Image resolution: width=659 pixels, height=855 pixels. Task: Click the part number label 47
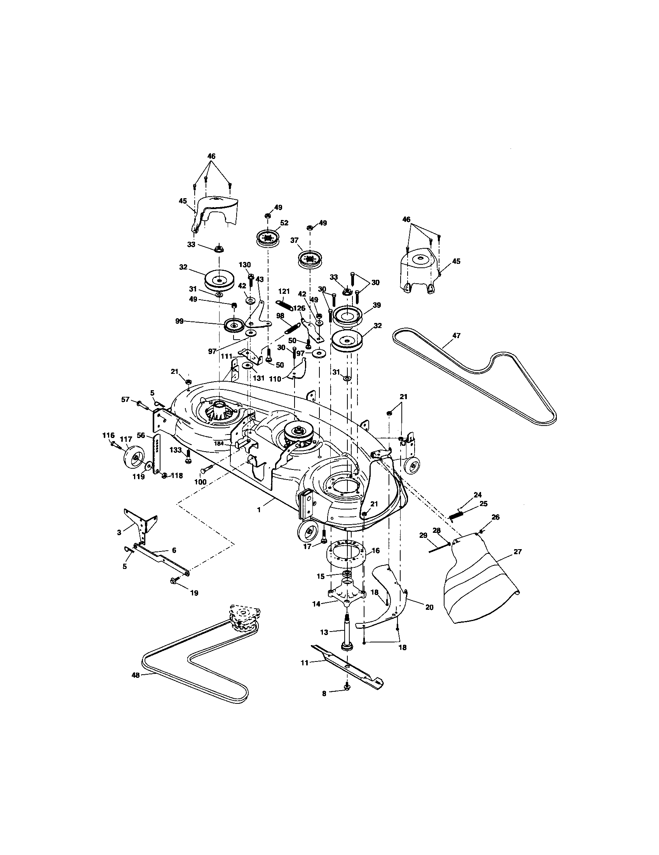456,335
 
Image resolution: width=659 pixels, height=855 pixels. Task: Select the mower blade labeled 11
347,670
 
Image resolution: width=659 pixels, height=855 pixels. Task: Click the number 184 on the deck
218,443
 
